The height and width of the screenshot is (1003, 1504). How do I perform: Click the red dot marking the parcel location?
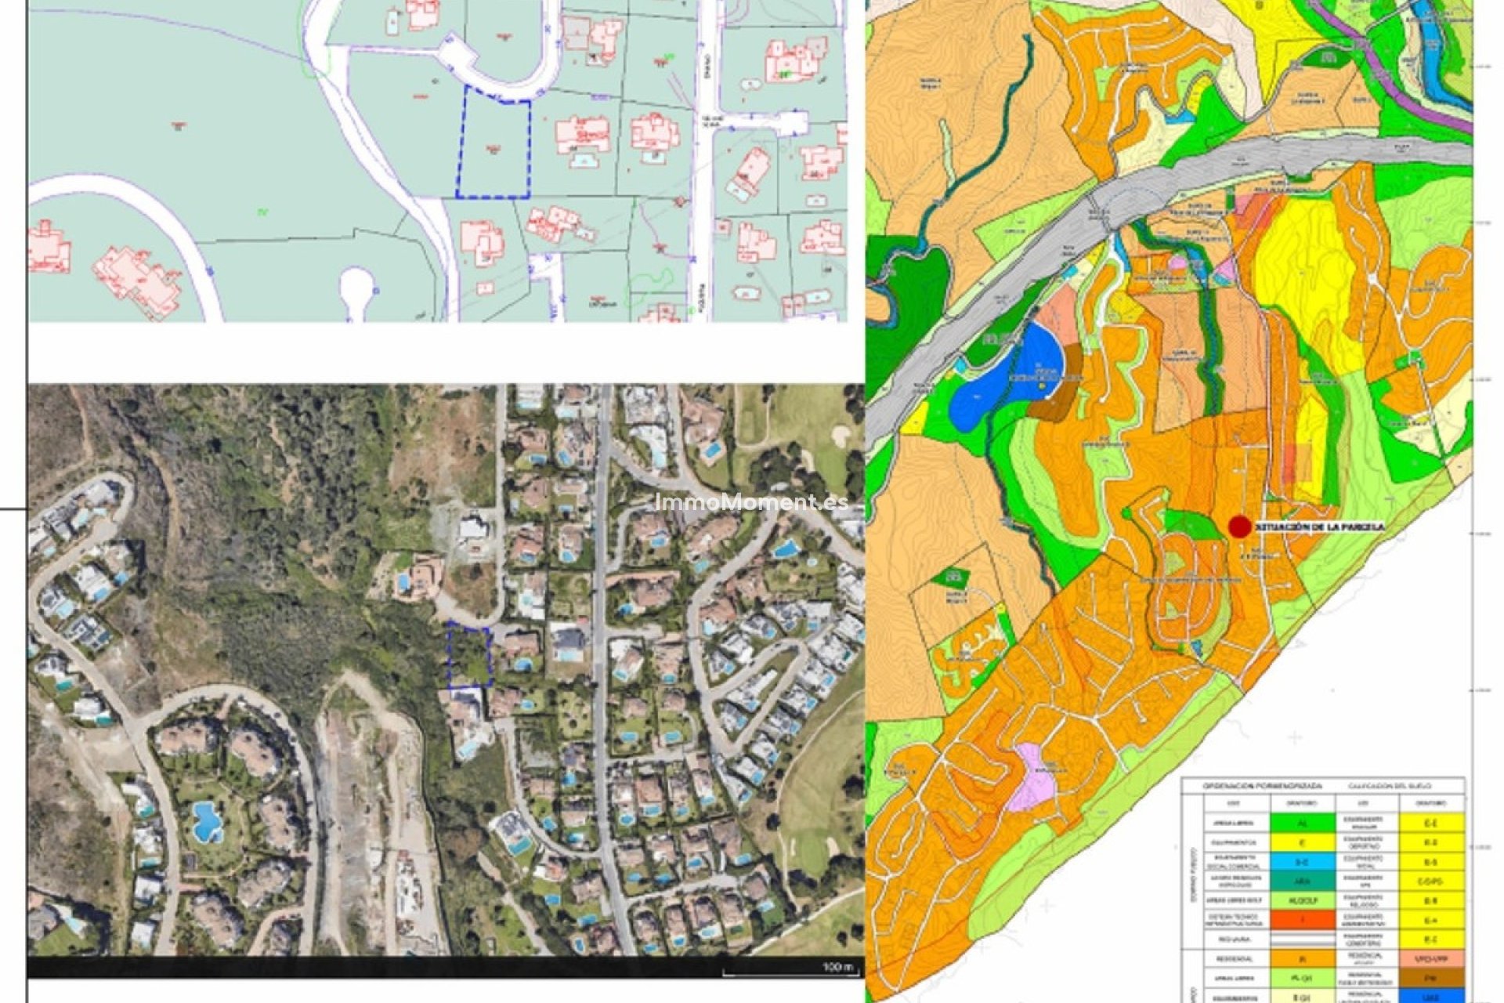[x=1239, y=527]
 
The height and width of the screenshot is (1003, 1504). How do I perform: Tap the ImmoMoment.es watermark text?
[x=751, y=502]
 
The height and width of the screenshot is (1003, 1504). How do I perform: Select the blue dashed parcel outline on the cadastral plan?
[x=493, y=143]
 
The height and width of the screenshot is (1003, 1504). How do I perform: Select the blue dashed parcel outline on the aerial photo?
[x=469, y=656]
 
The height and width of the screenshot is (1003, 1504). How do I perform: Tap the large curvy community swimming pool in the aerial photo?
[x=207, y=820]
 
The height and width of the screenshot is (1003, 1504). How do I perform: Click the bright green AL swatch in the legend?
[x=1303, y=824]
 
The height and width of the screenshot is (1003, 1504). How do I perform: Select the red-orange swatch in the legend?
[x=1303, y=919]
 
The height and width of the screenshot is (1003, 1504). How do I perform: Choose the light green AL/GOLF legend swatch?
[x=1303, y=900]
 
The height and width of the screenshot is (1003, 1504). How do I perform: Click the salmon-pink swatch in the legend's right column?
[x=1432, y=958]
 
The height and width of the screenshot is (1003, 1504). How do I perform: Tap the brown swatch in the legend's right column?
[x=1432, y=978]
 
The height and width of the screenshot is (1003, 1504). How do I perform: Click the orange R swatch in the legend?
[x=1303, y=958]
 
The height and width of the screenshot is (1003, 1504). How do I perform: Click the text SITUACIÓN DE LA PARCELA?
[x=1320, y=527]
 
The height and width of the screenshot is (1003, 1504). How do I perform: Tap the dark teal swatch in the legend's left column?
[x=1303, y=881]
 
